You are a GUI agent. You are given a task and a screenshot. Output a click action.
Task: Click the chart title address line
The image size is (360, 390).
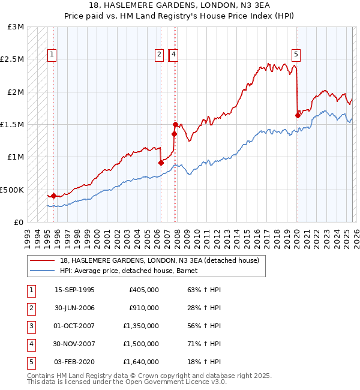pos(180,5)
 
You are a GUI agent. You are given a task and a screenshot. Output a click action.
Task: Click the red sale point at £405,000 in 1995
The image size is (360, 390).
pos(53,196)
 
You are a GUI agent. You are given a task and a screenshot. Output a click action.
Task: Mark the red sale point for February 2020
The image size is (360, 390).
pos(298,115)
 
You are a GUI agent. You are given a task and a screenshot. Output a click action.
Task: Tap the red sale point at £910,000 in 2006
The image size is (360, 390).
pos(161,163)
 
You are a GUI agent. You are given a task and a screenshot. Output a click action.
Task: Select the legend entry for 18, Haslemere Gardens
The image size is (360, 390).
pos(159,260)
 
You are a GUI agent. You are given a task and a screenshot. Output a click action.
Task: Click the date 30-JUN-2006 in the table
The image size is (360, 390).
pos(74,308)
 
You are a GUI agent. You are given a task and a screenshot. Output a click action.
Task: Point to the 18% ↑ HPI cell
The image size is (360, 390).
pos(204,362)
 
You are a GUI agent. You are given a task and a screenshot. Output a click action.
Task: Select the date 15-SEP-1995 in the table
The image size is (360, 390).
pos(74,290)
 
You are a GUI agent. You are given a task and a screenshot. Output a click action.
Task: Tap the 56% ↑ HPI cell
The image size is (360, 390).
pos(204,326)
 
